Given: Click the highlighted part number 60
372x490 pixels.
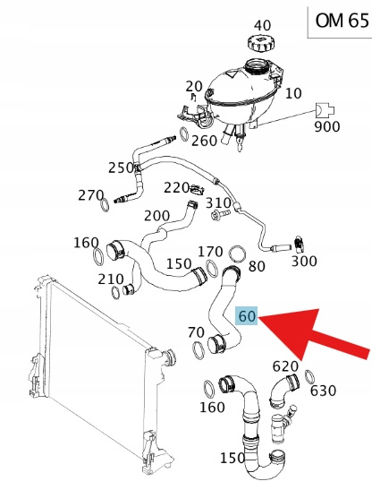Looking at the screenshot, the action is (x=247, y=315).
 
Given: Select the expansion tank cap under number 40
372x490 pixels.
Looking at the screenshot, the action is (x=259, y=44).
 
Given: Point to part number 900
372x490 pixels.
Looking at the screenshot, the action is (x=326, y=127).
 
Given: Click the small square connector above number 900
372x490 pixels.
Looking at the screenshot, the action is (x=325, y=110).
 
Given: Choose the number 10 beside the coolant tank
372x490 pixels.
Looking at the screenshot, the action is (x=293, y=93).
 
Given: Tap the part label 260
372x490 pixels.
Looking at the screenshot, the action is (x=204, y=141).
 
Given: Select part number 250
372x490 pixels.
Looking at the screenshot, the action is (x=121, y=168).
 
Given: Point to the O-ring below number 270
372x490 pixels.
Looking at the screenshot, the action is (x=105, y=205).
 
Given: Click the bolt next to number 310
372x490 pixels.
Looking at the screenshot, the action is (x=220, y=215).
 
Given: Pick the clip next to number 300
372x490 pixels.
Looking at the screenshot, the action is (x=300, y=244).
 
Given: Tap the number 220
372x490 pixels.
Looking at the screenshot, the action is (x=177, y=187).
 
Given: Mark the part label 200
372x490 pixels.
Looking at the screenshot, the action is (x=157, y=216).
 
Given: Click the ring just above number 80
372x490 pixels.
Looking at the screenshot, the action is (x=237, y=254).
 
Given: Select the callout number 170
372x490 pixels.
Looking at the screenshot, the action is (x=211, y=252).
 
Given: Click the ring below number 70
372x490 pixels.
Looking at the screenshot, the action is (x=199, y=350).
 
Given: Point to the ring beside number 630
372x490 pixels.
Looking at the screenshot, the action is (x=309, y=377).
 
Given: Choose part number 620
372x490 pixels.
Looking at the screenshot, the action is (x=285, y=366).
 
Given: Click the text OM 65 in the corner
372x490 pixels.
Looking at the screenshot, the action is (x=342, y=21).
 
